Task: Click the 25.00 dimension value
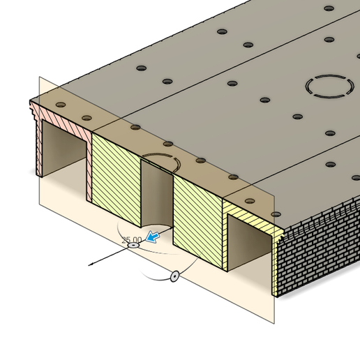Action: tap(131, 239)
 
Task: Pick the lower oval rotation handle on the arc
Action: tap(174, 276)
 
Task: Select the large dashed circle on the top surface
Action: tap(329, 87)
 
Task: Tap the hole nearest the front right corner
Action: tap(276, 214)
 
